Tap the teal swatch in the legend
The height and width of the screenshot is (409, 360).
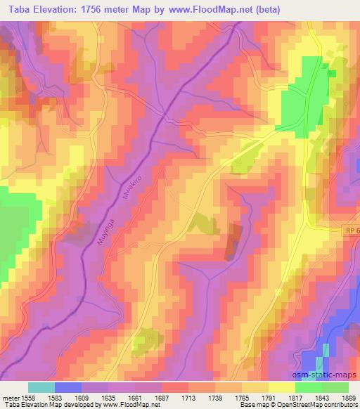click(41, 387)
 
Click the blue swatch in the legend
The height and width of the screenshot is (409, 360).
click(68, 387)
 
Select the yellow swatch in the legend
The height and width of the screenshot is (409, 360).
click(281, 387)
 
